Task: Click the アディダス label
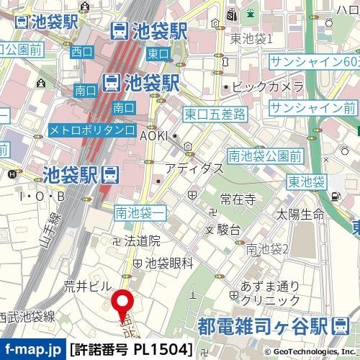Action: point(193,167)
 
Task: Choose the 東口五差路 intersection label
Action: point(215,114)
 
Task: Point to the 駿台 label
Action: point(229,230)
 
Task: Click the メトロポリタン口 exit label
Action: point(91,130)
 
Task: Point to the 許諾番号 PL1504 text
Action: point(132,350)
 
